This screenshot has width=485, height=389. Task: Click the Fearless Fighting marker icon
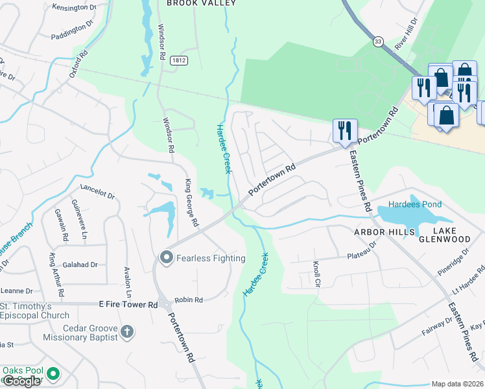point(167,258)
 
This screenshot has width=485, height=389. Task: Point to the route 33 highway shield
point(378,41)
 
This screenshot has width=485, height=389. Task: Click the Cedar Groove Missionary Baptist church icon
point(127,332)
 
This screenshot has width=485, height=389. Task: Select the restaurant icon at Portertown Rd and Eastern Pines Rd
point(344,130)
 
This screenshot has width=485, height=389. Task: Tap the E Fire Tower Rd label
point(128,304)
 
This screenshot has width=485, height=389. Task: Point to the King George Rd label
point(191,203)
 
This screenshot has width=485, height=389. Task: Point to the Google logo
point(21,381)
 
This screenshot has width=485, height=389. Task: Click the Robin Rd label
point(189,300)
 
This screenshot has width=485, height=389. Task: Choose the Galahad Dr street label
point(80,265)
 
